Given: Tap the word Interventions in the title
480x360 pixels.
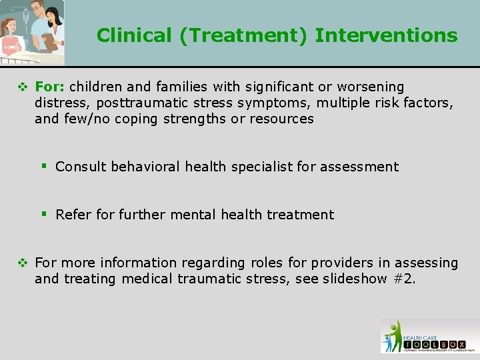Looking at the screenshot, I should tap(386, 35).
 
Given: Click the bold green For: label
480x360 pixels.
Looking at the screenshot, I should tap(50, 87).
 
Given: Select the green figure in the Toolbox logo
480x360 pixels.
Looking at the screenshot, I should tap(394, 333).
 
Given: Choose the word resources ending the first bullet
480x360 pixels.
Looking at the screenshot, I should tap(281, 119).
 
